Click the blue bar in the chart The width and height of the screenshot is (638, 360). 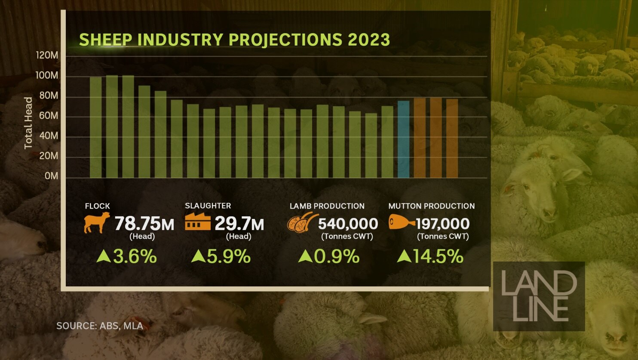point(403,139)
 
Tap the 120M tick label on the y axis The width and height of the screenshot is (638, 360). point(47,55)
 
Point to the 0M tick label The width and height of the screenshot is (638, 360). point(51,176)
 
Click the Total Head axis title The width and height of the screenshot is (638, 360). point(28,123)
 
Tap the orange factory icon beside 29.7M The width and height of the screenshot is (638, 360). point(198,222)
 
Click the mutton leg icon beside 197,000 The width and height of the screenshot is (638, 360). point(401,222)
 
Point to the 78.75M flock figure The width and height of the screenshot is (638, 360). point(144,224)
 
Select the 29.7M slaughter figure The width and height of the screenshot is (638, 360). point(239,224)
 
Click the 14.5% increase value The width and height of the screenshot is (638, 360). point(438,257)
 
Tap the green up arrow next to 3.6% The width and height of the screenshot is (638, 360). point(104,257)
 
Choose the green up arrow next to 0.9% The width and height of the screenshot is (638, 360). point(305,257)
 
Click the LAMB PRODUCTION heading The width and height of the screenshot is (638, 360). point(327,206)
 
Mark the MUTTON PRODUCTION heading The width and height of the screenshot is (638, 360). point(432,206)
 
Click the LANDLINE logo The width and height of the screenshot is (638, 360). point(539,296)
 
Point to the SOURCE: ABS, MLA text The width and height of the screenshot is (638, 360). point(100,326)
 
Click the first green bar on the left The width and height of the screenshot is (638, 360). point(96,127)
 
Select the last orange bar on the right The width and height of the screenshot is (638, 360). point(452,138)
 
